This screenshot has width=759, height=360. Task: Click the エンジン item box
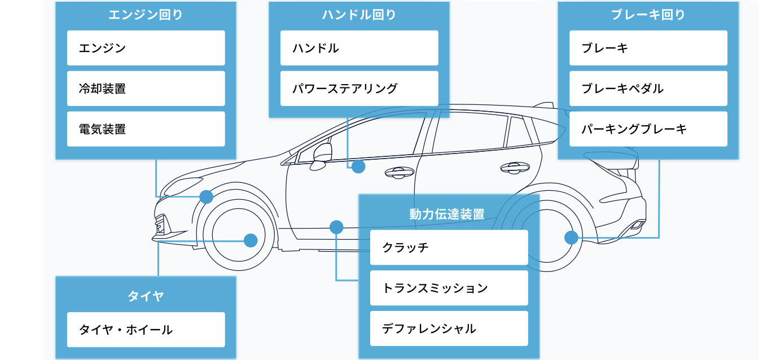pyautogui.click(x=146, y=48)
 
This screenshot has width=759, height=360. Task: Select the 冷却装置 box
pyautogui.click(x=146, y=89)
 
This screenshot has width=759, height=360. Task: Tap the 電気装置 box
pyautogui.click(x=146, y=129)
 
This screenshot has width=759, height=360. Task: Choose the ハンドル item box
pyautogui.click(x=359, y=48)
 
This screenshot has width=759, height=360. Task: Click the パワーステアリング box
pyautogui.click(x=359, y=89)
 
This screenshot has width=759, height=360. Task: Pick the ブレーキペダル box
pyautogui.click(x=648, y=89)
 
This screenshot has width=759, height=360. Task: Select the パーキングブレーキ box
pyautogui.click(x=648, y=129)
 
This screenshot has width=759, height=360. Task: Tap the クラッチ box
pyautogui.click(x=449, y=247)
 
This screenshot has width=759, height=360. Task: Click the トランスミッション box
pyautogui.click(x=449, y=288)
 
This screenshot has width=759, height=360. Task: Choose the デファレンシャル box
pyautogui.click(x=449, y=328)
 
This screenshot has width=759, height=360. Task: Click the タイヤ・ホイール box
pyautogui.click(x=146, y=330)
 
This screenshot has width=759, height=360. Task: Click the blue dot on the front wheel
pyautogui.click(x=251, y=240)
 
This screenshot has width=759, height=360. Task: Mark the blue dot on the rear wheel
pyautogui.click(x=571, y=238)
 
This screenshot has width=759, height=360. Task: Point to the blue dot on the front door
pyautogui.click(x=358, y=166)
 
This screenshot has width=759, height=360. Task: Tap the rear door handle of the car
pyautogui.click(x=514, y=167)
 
